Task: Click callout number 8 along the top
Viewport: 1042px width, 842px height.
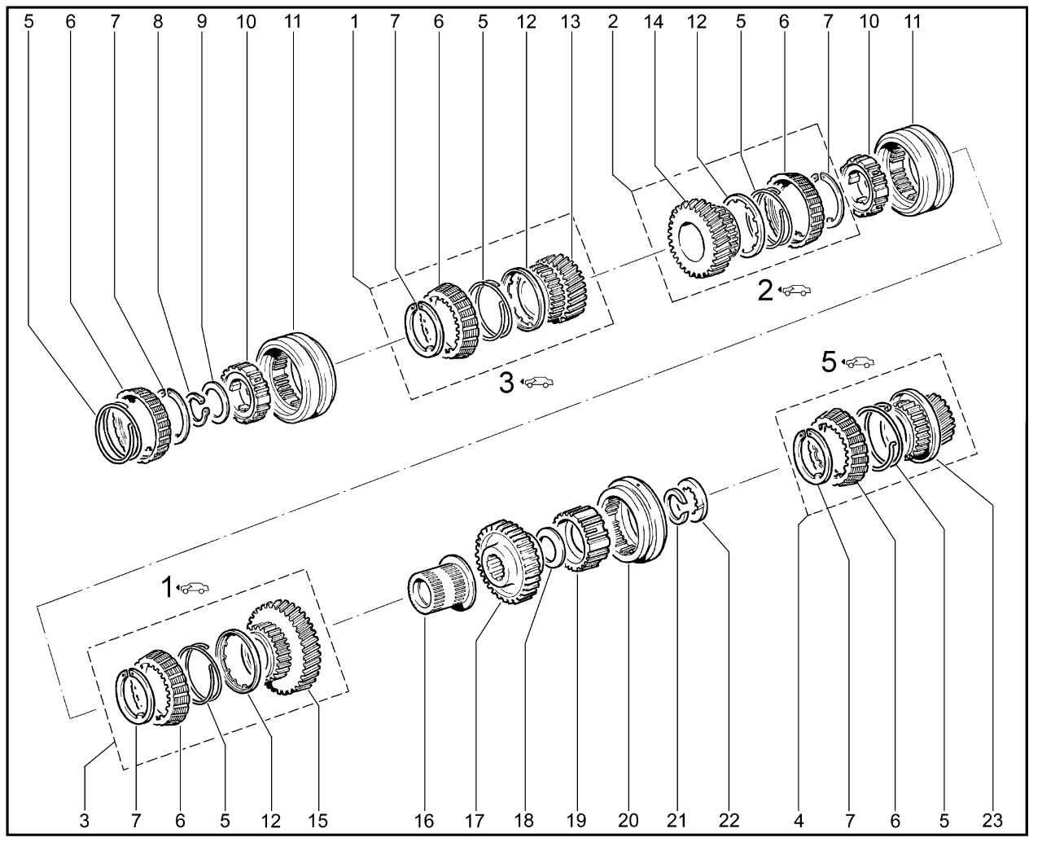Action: click(x=158, y=22)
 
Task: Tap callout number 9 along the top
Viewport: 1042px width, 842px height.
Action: click(x=202, y=22)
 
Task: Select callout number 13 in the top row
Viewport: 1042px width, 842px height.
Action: click(x=571, y=22)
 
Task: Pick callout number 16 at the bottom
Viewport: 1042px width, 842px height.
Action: click(x=425, y=819)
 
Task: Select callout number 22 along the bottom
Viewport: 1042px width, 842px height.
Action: click(x=728, y=819)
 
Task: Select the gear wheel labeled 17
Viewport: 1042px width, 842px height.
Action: click(x=506, y=562)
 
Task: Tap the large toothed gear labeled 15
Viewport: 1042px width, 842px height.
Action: click(x=285, y=647)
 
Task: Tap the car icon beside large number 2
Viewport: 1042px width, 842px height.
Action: click(x=795, y=290)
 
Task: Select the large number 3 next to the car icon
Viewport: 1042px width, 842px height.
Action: click(x=506, y=382)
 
